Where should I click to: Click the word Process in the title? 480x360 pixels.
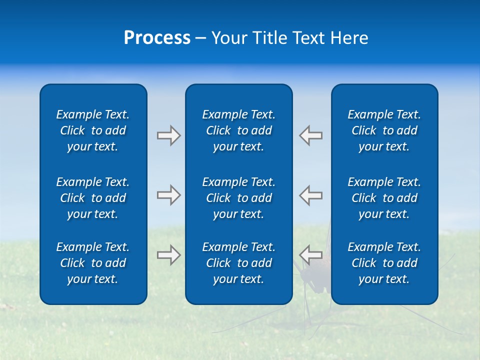point(157,38)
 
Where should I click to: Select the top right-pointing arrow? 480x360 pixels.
point(168,135)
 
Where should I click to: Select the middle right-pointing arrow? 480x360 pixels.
point(168,195)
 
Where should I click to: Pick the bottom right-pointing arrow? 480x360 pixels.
point(168,255)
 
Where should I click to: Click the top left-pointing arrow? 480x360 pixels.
point(311,135)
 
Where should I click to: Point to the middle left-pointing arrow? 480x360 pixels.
point(311,195)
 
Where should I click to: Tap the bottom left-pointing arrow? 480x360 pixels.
point(311,255)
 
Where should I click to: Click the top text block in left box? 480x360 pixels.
point(93,130)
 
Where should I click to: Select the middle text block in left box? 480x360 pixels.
point(93,198)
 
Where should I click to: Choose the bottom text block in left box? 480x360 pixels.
point(93,263)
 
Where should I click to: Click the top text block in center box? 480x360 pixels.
point(238,130)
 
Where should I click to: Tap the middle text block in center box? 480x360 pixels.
point(238,198)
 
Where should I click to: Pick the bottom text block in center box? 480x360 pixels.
point(238,263)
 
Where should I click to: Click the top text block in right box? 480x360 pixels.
point(384,130)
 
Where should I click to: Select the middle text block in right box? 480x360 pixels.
point(384,198)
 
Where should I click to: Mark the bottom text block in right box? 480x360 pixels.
point(384,263)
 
